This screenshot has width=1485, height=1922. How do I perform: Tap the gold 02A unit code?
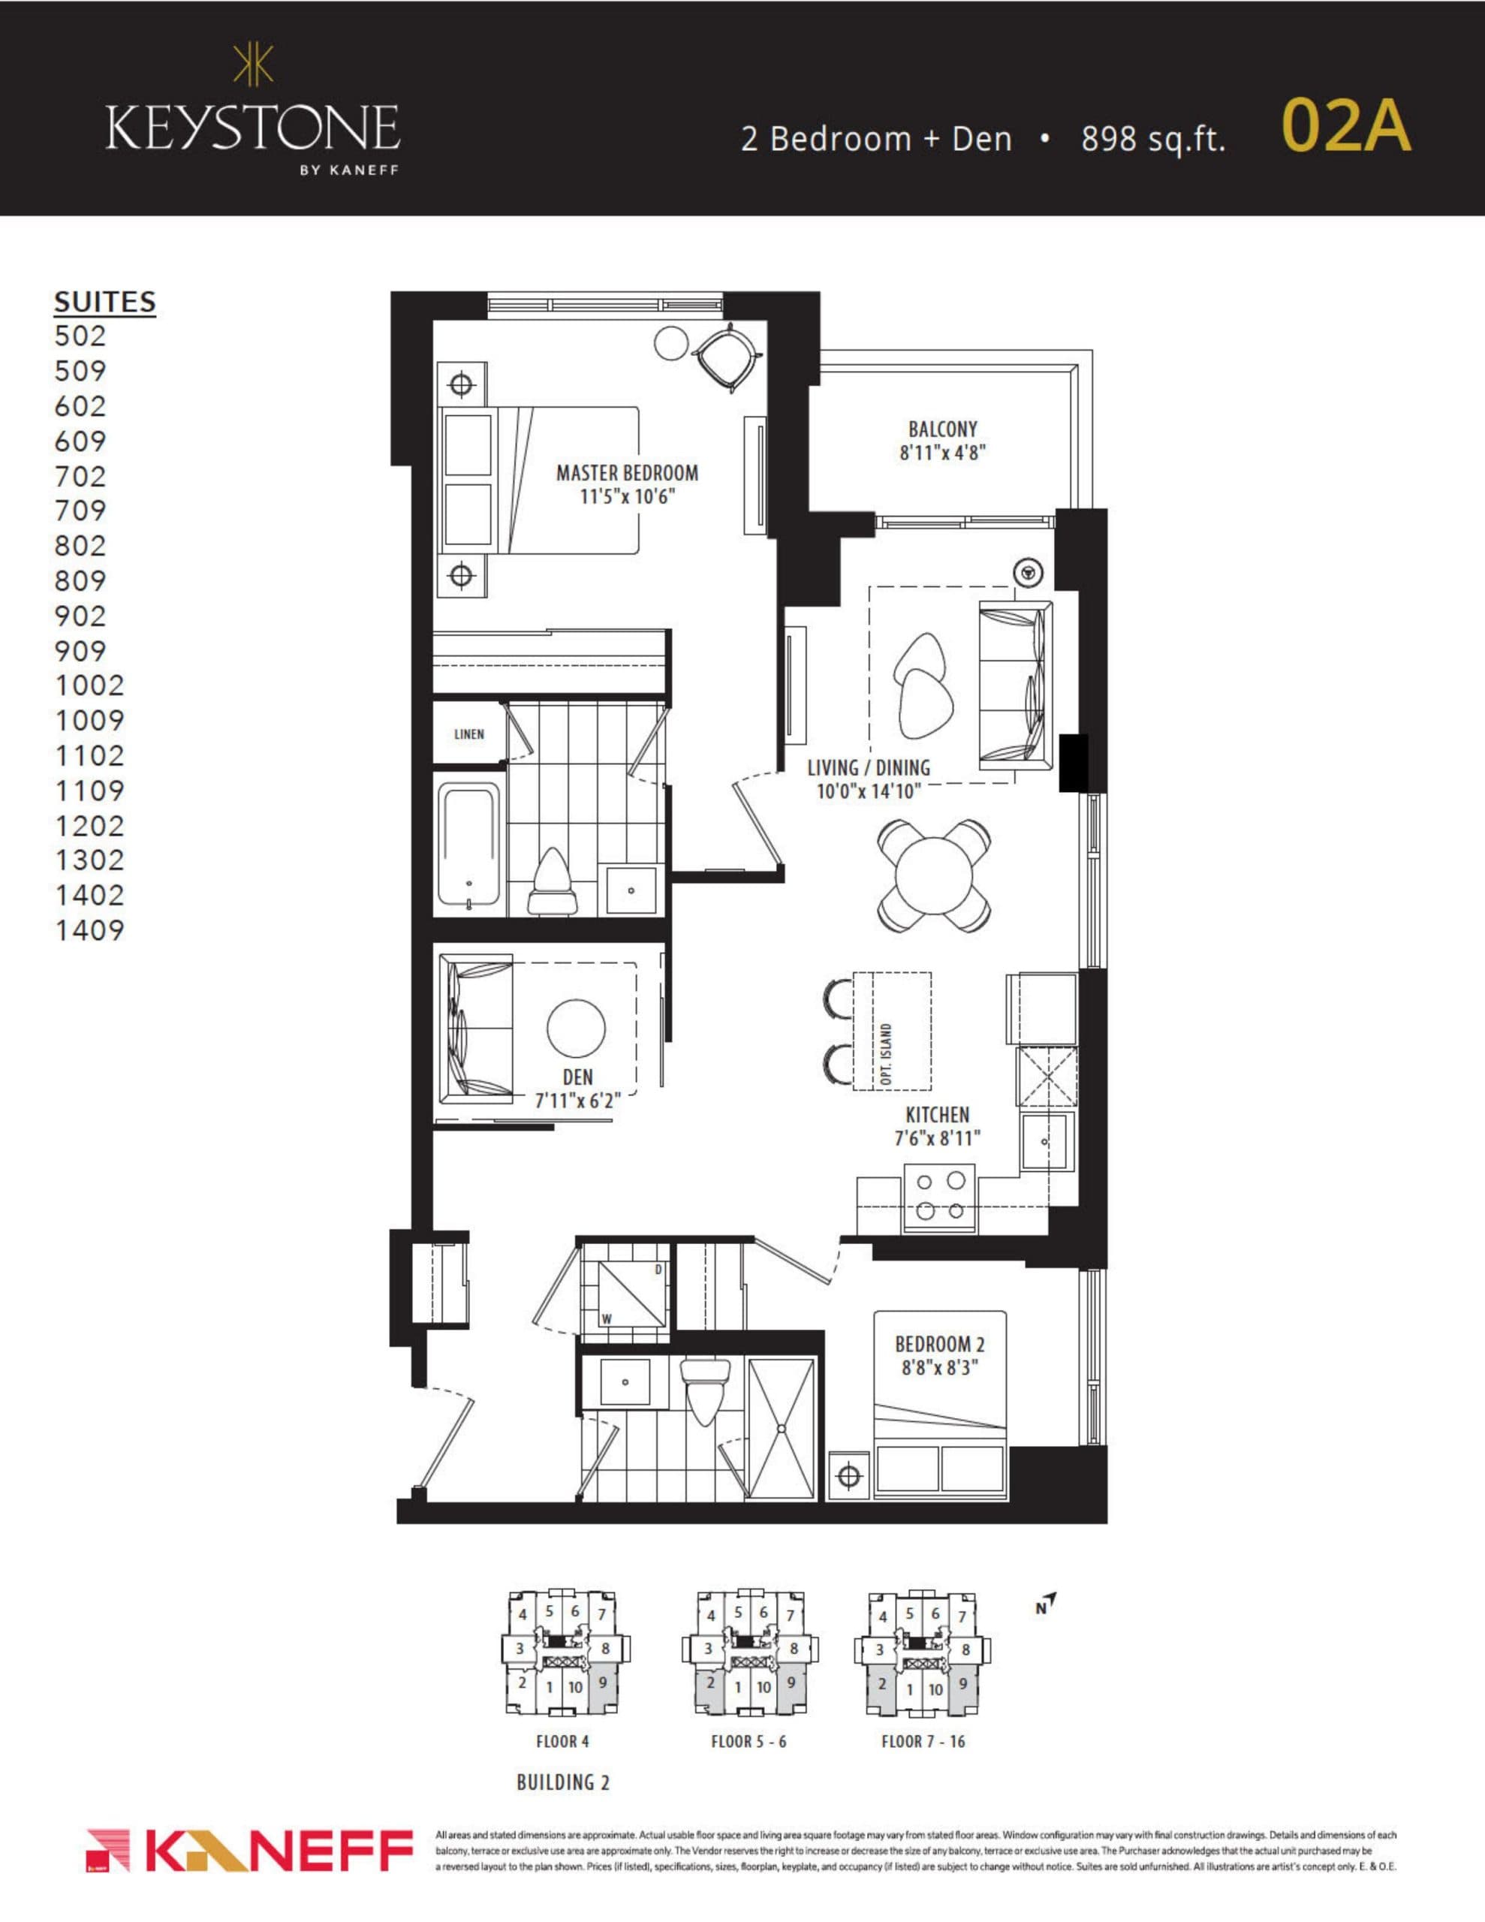click(1346, 126)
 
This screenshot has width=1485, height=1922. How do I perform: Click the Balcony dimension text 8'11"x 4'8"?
click(942, 453)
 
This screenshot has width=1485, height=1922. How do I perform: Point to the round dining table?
click(935, 875)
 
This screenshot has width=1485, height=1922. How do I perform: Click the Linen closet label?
click(468, 734)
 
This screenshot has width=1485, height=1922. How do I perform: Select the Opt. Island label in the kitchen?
click(887, 1053)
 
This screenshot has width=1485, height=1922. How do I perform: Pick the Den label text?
click(577, 1077)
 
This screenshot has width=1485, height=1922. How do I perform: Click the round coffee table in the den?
click(576, 1028)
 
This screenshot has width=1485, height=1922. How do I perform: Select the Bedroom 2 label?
click(939, 1345)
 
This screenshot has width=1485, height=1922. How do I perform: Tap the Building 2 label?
click(562, 1782)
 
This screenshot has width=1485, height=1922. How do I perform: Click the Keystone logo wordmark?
click(253, 128)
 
